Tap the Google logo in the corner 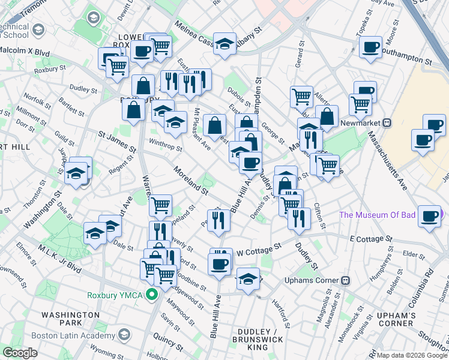tap(20, 353)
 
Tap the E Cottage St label tap(371, 239)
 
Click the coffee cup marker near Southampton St tap(370, 46)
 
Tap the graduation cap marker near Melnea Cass tap(224, 43)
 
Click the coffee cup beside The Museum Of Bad tap(429, 215)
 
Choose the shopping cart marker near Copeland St tap(160, 205)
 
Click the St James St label tap(117, 144)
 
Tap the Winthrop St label tap(165, 145)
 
